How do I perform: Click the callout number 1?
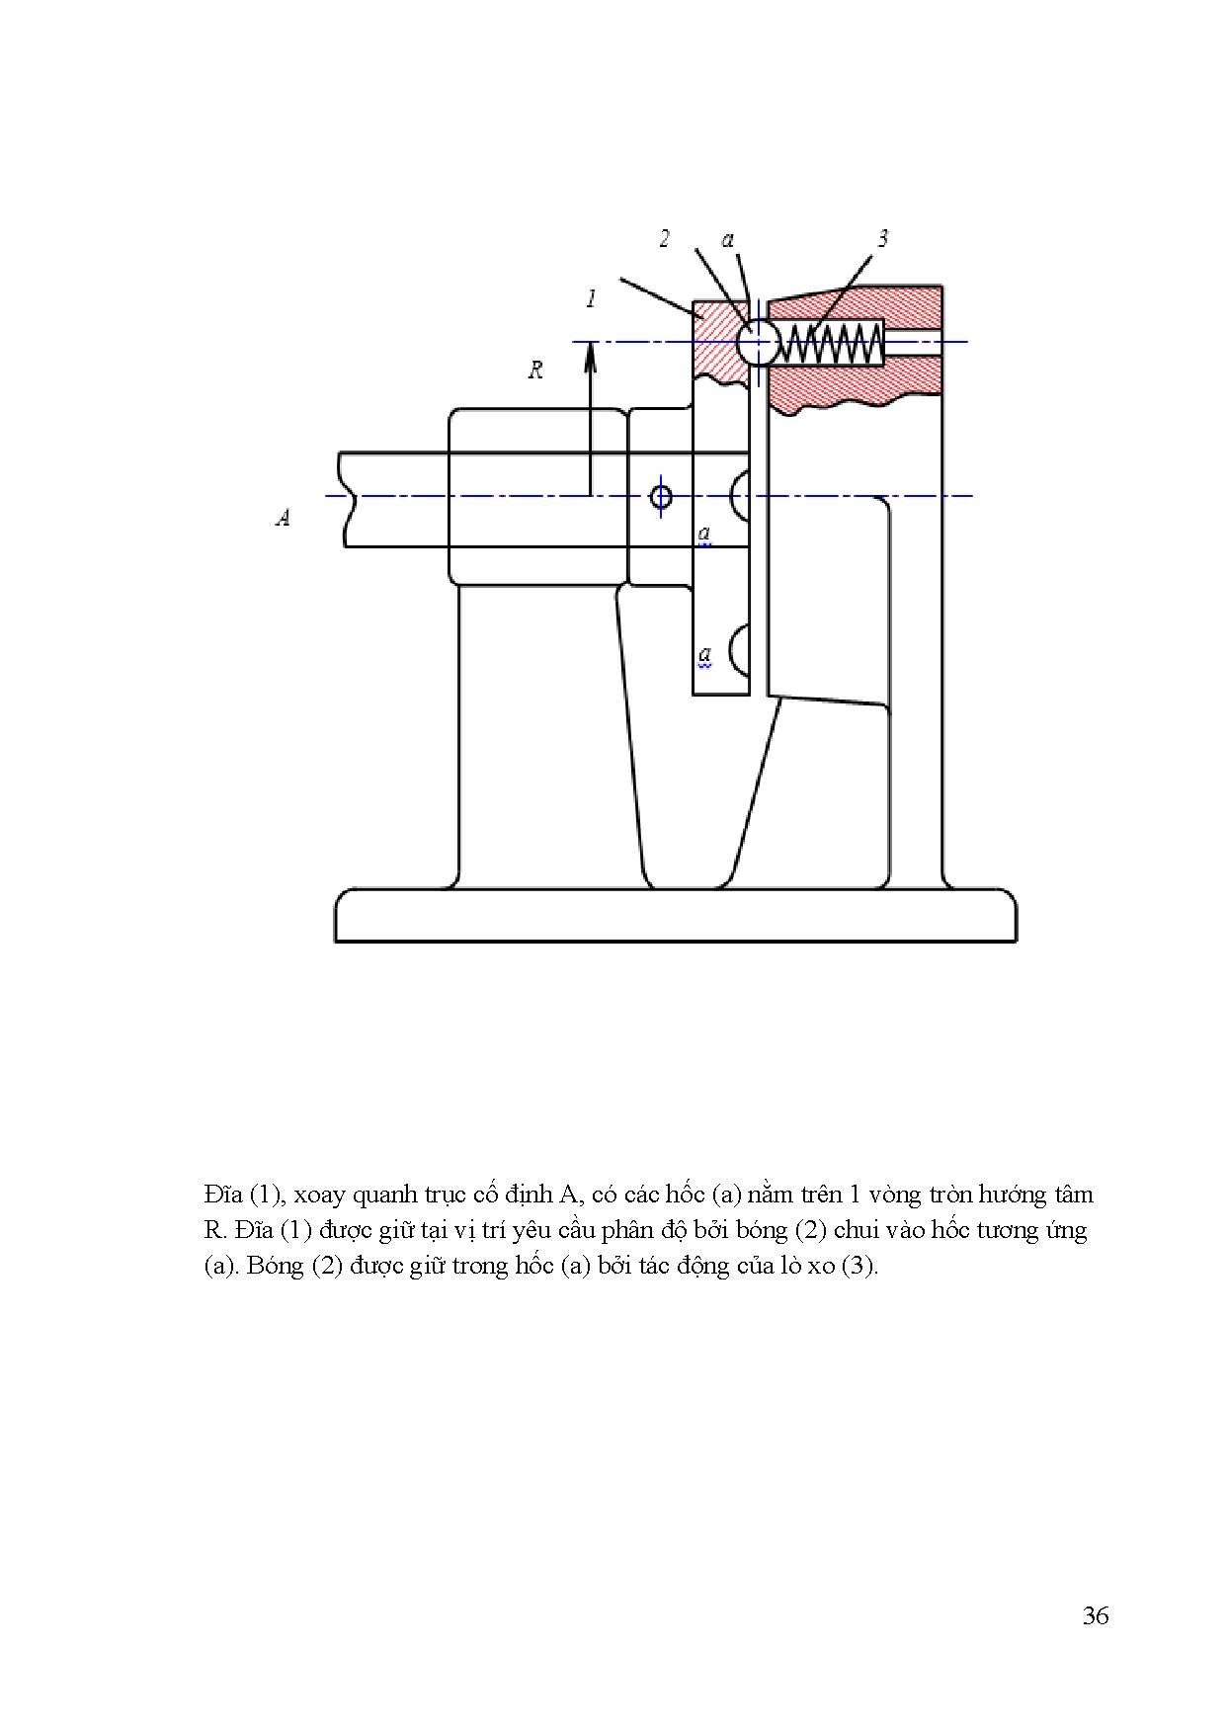pyautogui.click(x=591, y=298)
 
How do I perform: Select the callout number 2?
pyautogui.click(x=665, y=239)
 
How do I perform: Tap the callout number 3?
pyautogui.click(x=882, y=238)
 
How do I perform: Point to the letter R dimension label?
pyautogui.click(x=535, y=371)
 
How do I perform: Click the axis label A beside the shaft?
pyautogui.click(x=283, y=517)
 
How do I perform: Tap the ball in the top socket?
pyautogui.click(x=758, y=343)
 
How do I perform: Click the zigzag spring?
pyautogui.click(x=831, y=344)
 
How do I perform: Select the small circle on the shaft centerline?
pyautogui.click(x=662, y=496)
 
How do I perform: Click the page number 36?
pyautogui.click(x=1095, y=1615)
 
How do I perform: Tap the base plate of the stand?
pyautogui.click(x=676, y=916)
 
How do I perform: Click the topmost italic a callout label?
pyautogui.click(x=728, y=239)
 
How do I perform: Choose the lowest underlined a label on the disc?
pyautogui.click(x=704, y=654)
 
